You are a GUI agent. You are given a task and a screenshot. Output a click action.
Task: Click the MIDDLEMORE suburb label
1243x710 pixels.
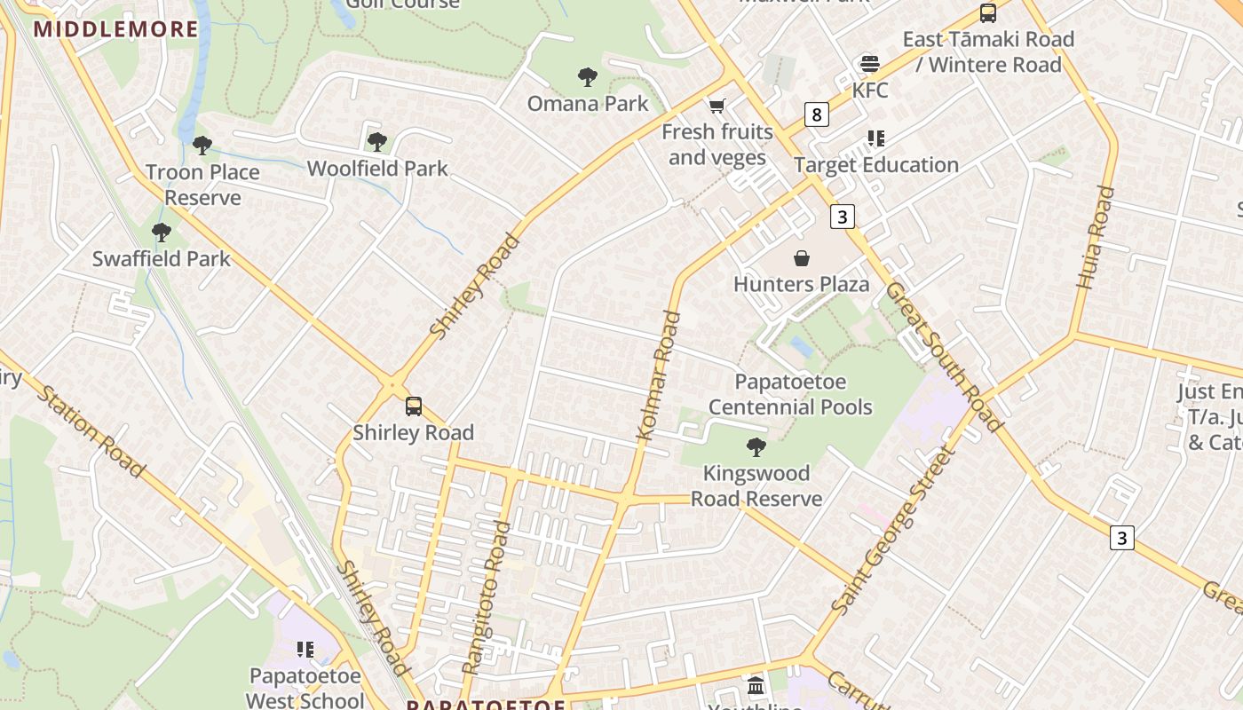pos(116,29)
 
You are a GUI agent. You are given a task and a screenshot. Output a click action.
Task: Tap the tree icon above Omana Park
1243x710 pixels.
pos(587,77)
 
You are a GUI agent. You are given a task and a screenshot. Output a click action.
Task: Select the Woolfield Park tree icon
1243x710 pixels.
pos(376,141)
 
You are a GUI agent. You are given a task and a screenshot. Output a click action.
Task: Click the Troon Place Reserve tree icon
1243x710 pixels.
pos(202,146)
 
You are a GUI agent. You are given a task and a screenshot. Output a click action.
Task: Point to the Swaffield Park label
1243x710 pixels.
pos(162,259)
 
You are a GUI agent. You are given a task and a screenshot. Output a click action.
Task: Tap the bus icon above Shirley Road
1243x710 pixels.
pos(414,406)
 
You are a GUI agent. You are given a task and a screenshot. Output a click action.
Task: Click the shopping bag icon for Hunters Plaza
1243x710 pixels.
pos(801,258)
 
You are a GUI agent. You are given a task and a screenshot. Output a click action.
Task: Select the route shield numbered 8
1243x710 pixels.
pos(817,114)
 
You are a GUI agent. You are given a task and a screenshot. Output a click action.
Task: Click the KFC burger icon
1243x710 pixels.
pos(869,64)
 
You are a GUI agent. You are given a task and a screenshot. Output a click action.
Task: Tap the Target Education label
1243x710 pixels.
pos(876,165)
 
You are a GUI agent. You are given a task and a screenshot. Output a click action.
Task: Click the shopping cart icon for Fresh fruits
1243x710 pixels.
pos(717,106)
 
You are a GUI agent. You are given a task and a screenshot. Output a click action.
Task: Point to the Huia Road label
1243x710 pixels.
pos(1095,237)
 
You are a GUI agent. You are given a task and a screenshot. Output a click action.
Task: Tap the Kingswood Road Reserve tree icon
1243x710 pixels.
pos(756,446)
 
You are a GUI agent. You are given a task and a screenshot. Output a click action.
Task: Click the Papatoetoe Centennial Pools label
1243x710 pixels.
pos(790,395)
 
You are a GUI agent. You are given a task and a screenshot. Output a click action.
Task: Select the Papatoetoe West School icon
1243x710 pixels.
pos(305,650)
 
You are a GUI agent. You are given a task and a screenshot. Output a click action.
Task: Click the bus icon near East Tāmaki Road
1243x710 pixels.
pos(988,13)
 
